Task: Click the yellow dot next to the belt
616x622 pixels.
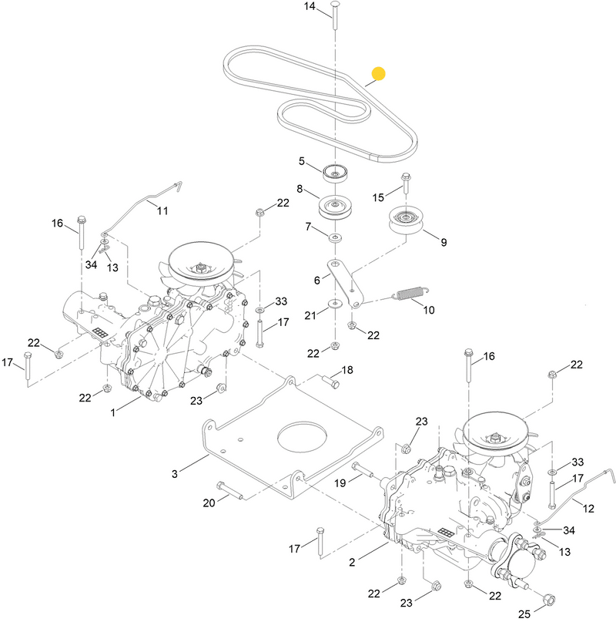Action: pyautogui.click(x=378, y=74)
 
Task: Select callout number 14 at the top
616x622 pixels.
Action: pyautogui.click(x=310, y=7)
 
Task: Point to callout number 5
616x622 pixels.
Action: pyautogui.click(x=303, y=161)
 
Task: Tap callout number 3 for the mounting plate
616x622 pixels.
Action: pyautogui.click(x=174, y=473)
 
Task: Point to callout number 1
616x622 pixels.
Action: pyautogui.click(x=113, y=413)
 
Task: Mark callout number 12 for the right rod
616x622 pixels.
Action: pyautogui.click(x=589, y=508)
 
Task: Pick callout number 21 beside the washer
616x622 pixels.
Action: pyautogui.click(x=309, y=315)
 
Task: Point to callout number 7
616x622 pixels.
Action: pyautogui.click(x=309, y=227)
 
